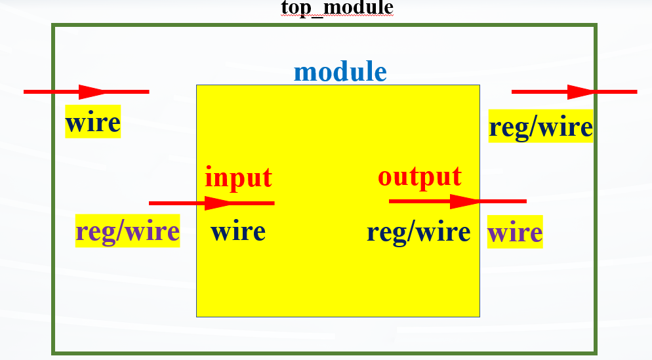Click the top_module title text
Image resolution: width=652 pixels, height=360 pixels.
coord(336,8)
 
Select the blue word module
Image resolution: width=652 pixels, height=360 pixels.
coord(340,71)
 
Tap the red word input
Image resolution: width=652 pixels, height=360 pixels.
coord(238,178)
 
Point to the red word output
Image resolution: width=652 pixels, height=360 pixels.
coord(420,176)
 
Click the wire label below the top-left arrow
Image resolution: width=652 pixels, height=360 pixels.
coord(92,122)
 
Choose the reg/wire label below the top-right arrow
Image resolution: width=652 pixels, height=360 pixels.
coord(540,127)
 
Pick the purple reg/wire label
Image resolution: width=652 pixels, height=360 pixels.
coord(127,231)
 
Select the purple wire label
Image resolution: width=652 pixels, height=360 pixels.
coord(515,232)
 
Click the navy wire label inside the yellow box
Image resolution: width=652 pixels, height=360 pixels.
coord(238,231)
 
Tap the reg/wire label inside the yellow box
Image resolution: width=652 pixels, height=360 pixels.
coord(418,231)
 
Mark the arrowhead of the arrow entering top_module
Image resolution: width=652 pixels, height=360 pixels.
coord(92,92)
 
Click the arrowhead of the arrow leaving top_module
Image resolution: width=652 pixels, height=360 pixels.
coord(581,92)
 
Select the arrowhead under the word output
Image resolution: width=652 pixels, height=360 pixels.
coord(464,201)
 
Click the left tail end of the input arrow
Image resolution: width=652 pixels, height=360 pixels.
coord(150,203)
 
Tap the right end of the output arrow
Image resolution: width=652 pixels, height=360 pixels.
coord(527,201)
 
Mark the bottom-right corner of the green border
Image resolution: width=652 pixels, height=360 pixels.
coord(596,353)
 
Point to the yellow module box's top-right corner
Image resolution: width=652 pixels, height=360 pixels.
coord(479,85)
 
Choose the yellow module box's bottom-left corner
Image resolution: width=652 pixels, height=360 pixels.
coord(197,317)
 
